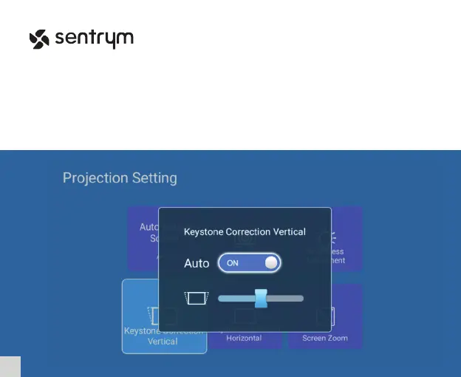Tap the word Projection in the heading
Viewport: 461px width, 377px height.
[94, 178]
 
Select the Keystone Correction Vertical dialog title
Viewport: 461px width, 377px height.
[244, 231]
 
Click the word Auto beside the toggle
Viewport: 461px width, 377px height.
[197, 263]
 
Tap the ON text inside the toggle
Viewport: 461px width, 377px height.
[233, 263]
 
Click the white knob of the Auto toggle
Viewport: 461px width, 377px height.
[271, 262]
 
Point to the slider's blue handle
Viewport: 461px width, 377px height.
[261, 298]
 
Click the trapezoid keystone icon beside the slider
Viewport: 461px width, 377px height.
[197, 298]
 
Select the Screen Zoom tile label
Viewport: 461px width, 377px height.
[325, 338]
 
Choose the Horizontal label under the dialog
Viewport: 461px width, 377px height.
[244, 338]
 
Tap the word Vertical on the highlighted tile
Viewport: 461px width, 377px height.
[163, 342]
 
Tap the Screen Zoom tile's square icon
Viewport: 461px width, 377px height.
[324, 317]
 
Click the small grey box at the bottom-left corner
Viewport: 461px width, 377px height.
[10, 366]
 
